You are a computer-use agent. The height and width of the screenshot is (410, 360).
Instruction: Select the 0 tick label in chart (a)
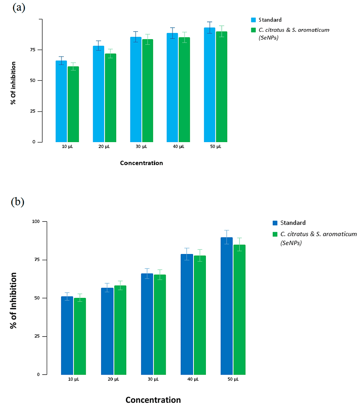(34, 142)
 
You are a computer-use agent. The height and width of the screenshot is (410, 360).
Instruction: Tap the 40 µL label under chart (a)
(179, 147)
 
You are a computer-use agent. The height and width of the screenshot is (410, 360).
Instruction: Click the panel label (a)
(19, 8)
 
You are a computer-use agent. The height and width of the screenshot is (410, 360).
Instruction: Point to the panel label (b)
(18, 201)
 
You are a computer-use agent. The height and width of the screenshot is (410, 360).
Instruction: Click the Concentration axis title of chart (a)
(141, 163)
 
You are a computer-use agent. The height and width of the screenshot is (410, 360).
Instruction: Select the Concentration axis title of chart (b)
(153, 400)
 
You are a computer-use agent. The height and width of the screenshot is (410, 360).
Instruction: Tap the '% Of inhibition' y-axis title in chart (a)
(13, 83)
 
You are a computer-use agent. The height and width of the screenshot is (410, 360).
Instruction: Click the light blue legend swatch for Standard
(253, 20)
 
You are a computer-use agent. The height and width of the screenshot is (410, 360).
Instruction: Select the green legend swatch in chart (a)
(253, 30)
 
